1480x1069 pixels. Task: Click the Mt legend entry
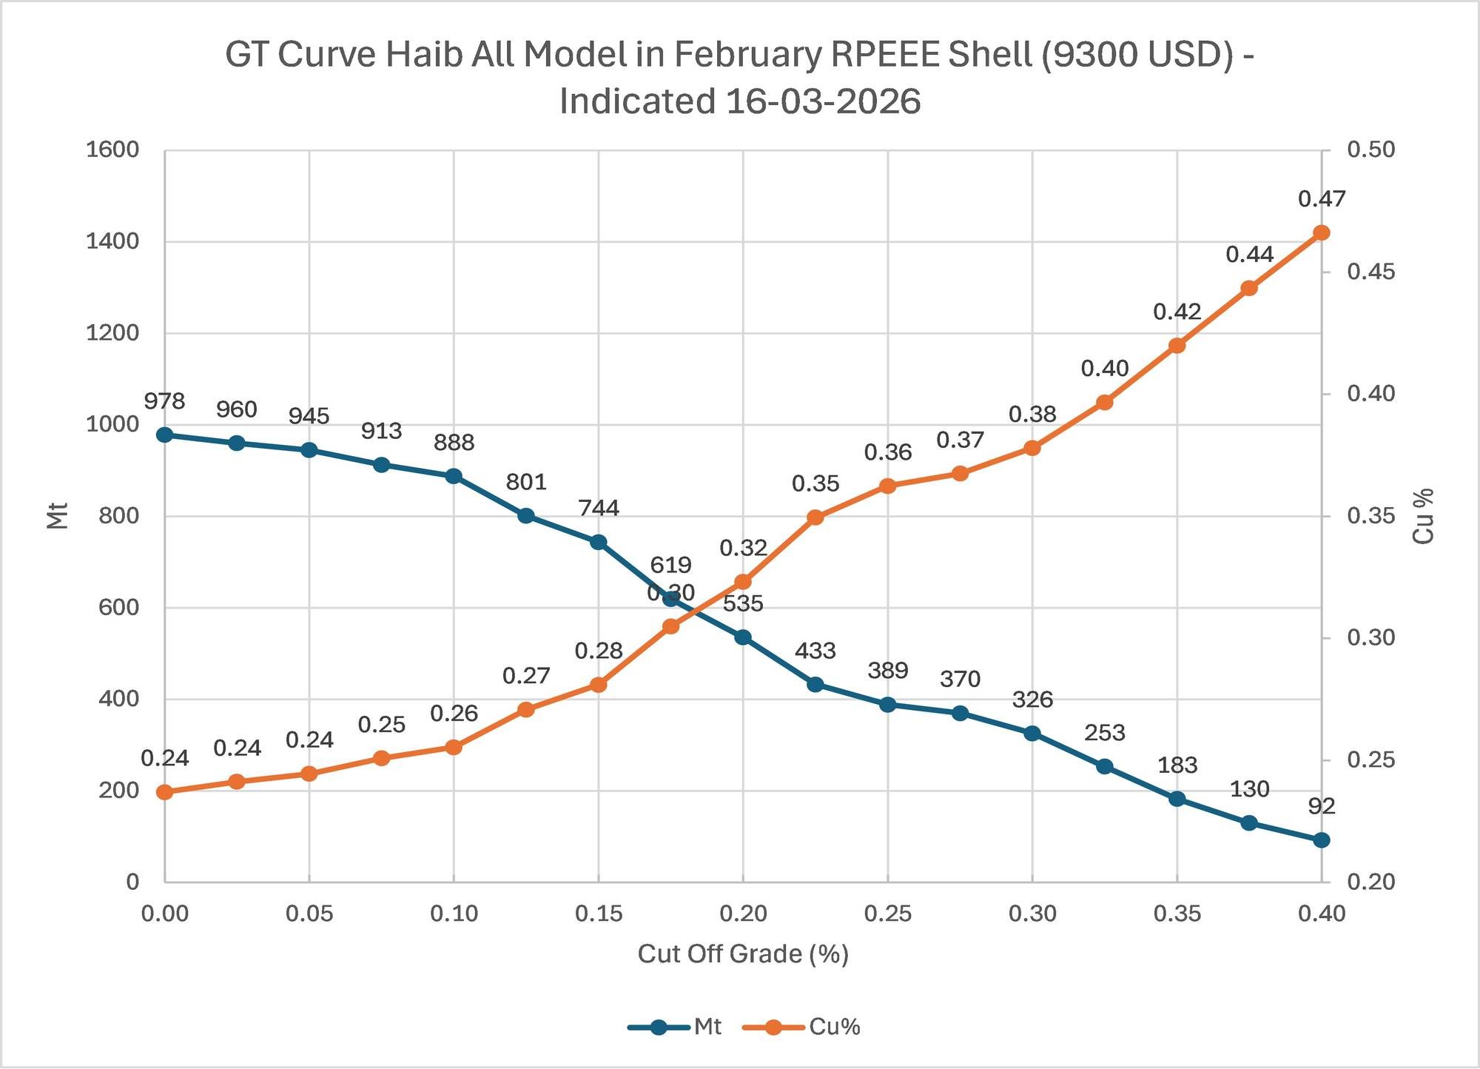675,1027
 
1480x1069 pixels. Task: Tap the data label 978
164,401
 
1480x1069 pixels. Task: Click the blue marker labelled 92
1322,840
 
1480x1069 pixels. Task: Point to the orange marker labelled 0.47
1322,233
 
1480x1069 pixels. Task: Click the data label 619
670,565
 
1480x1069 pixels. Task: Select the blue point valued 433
815,685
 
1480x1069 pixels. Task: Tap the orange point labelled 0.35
815,517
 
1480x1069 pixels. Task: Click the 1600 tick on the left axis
112,150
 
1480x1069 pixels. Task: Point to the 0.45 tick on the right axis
1370,272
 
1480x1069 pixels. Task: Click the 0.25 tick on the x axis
887,914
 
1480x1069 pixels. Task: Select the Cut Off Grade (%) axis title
743,954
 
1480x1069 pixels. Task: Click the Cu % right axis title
1423,516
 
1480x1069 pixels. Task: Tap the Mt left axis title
58,516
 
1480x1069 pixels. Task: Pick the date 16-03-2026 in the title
823,101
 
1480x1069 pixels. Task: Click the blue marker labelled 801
526,516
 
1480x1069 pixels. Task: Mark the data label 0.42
1177,312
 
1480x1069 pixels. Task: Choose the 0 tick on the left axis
132,882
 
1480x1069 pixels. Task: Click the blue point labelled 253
1105,766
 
